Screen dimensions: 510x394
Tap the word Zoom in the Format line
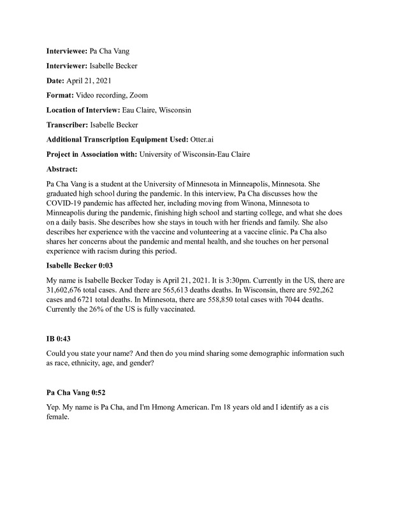(138, 95)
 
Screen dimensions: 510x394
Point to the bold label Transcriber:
(68, 126)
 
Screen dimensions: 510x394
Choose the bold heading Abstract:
(62, 170)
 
